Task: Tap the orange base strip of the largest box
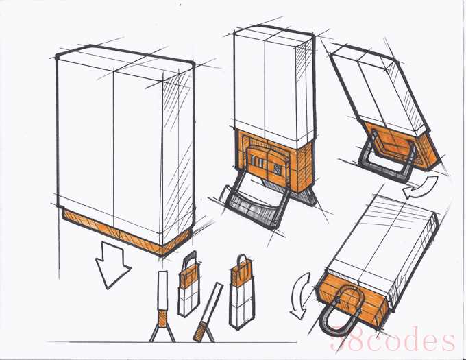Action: (x=125, y=232)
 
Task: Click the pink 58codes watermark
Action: (x=392, y=339)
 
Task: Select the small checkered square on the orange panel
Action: (x=278, y=169)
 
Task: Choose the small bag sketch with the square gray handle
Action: (x=188, y=285)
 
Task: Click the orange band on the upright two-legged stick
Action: (x=162, y=317)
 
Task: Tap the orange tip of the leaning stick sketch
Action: (x=199, y=331)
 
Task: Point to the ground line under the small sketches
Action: (x=172, y=342)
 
